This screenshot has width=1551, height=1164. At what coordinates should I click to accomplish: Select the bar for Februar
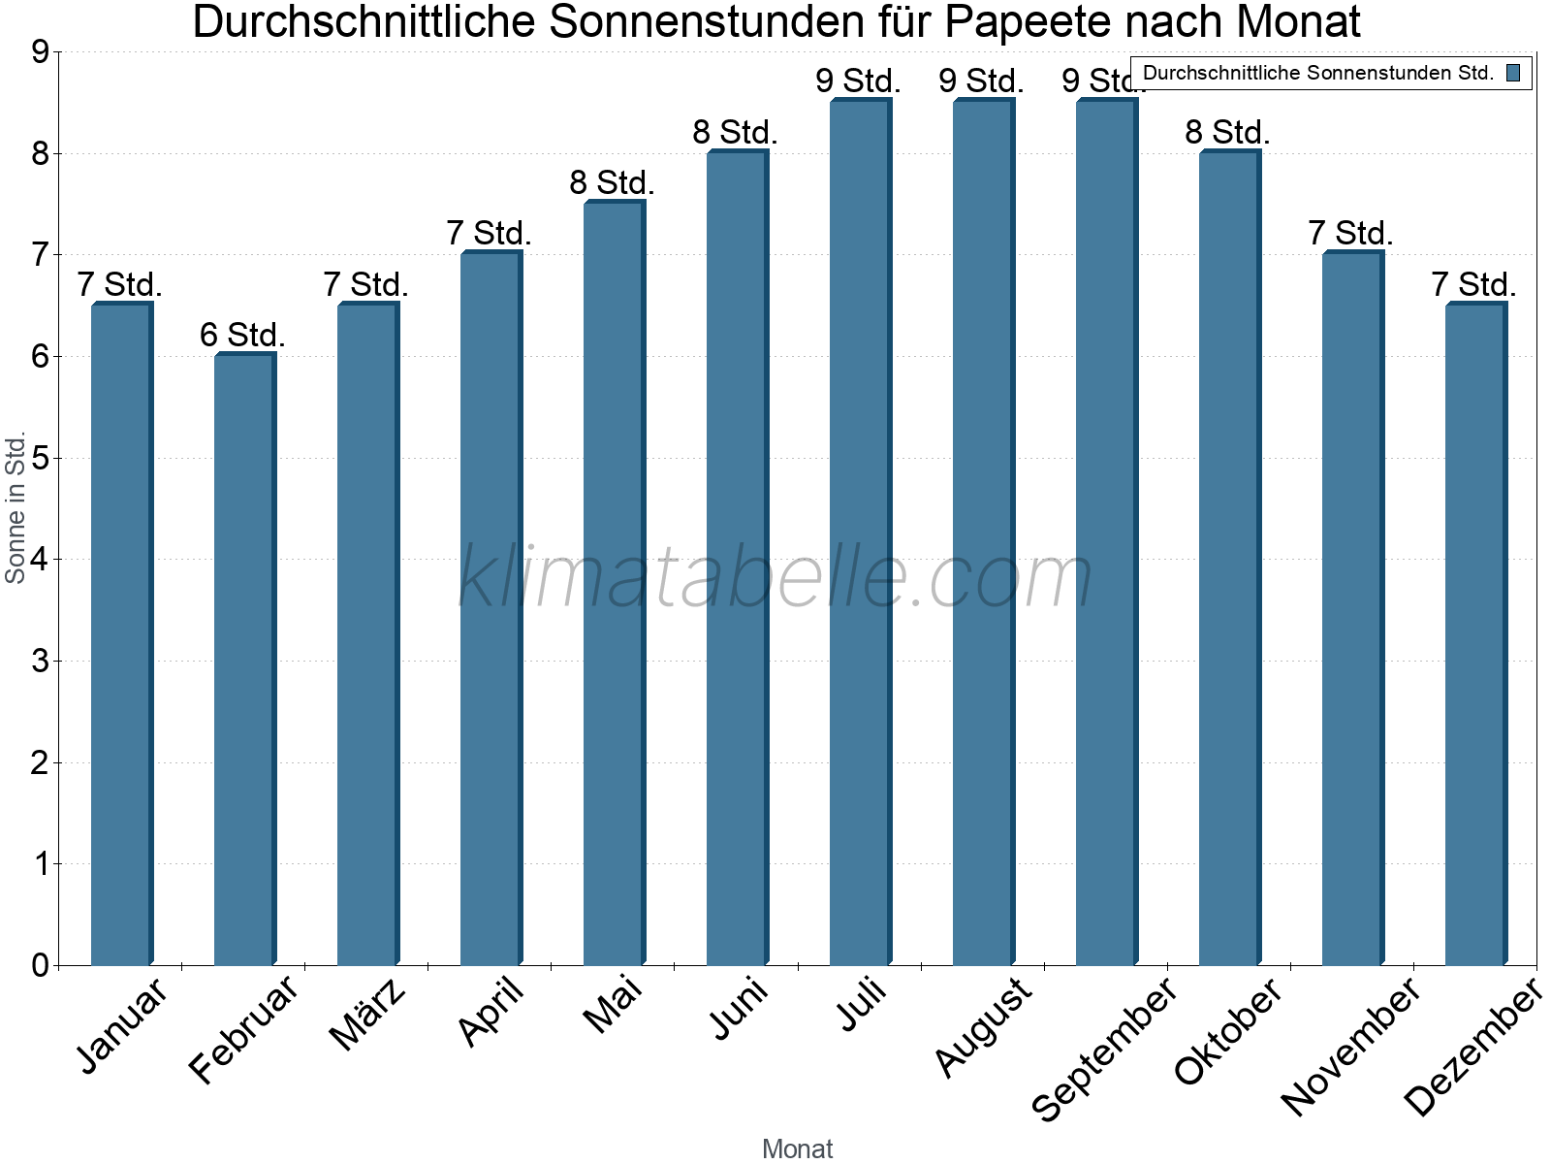pyautogui.click(x=244, y=660)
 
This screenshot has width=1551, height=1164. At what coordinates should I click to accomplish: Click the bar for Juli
pyautogui.click(x=860, y=533)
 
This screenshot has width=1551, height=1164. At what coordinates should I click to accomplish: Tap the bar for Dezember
pyautogui.click(x=1475, y=634)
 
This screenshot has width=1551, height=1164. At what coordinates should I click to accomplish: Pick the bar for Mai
pyautogui.click(x=614, y=583)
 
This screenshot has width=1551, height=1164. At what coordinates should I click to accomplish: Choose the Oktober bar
pyautogui.click(x=1229, y=558)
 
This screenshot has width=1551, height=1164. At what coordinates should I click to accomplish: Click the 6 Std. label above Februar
pyautogui.click(x=242, y=336)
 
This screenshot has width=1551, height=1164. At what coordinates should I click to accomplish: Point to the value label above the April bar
pyautogui.click(x=489, y=234)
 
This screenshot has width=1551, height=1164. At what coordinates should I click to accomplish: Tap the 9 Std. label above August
pyautogui.click(x=981, y=81)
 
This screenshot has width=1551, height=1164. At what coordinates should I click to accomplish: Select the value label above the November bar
pyautogui.click(x=1350, y=234)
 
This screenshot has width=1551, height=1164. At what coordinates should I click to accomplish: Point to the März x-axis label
pyautogui.click(x=368, y=1014)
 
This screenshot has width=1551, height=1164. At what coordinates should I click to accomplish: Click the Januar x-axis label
pyautogui.click(x=122, y=1025)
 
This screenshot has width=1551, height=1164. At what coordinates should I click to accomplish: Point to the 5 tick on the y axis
pyautogui.click(x=40, y=458)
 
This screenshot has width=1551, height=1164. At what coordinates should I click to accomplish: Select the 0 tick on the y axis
pyautogui.click(x=40, y=965)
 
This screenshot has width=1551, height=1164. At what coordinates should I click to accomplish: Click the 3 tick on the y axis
pyautogui.click(x=40, y=662)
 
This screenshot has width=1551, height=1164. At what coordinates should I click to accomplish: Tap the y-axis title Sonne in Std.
pyautogui.click(x=16, y=508)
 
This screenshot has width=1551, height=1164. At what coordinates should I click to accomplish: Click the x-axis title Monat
pyautogui.click(x=797, y=1148)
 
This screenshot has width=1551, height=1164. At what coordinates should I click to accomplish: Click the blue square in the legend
pyautogui.click(x=1513, y=73)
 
